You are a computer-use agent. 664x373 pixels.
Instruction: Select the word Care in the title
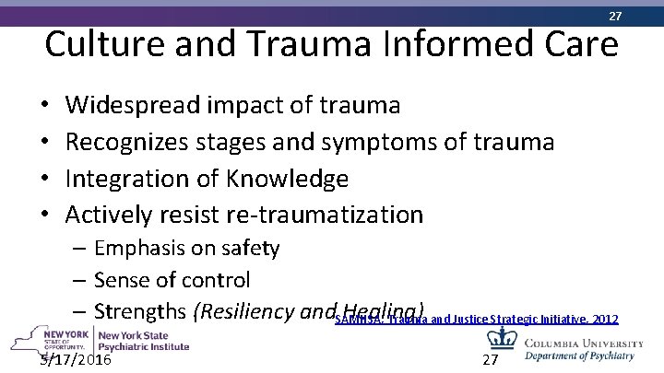[x=574, y=45]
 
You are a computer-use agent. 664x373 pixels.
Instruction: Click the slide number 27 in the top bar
[x=615, y=16]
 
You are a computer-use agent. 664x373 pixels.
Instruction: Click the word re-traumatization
[x=324, y=215]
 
